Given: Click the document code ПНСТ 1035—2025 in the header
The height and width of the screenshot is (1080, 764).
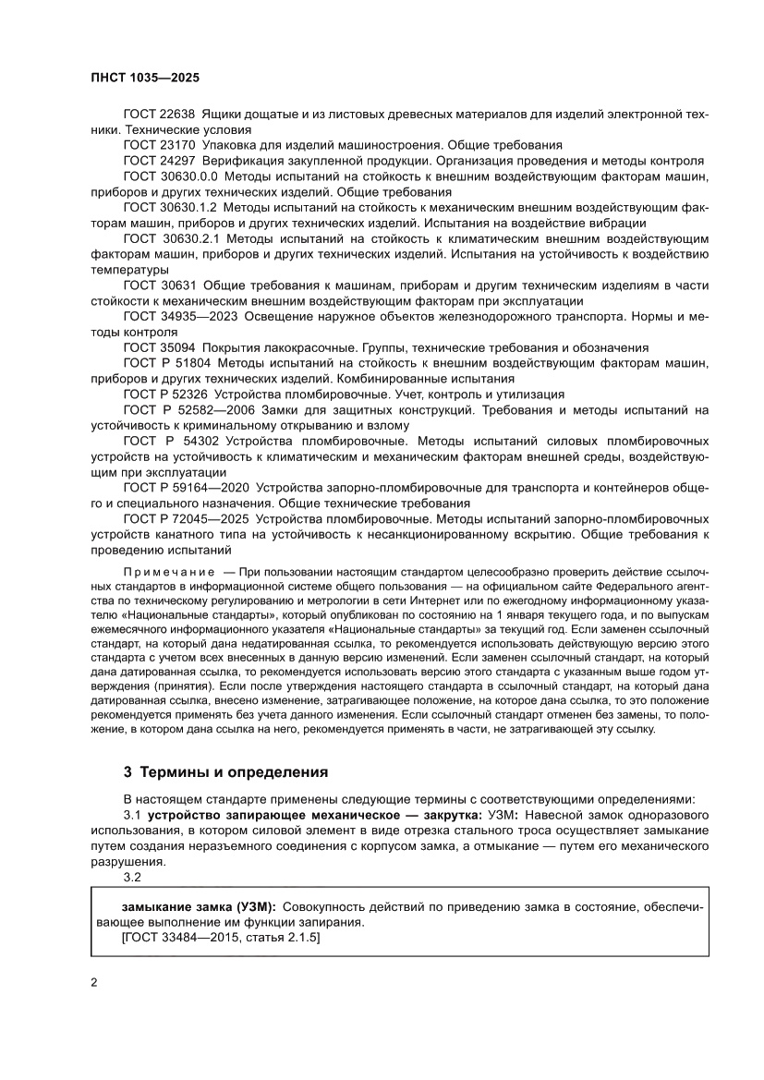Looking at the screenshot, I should (x=146, y=79).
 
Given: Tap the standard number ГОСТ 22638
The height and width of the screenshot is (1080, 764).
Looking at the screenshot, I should (x=158, y=114).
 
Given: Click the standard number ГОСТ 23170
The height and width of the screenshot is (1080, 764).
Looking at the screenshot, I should (x=158, y=145).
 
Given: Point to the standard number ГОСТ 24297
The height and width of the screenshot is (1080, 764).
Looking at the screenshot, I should (x=158, y=161).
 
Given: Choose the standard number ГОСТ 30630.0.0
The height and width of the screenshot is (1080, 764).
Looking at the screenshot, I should (x=169, y=176).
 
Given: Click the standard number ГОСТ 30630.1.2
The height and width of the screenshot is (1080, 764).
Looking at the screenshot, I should (x=169, y=208).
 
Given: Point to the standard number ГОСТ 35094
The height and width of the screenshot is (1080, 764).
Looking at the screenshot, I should (x=158, y=347).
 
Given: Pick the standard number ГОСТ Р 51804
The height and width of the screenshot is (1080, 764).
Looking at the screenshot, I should (x=164, y=363).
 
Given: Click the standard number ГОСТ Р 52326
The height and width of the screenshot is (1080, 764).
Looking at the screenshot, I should (x=164, y=394).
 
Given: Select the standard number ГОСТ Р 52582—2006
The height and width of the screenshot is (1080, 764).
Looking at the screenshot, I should (x=187, y=410).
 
